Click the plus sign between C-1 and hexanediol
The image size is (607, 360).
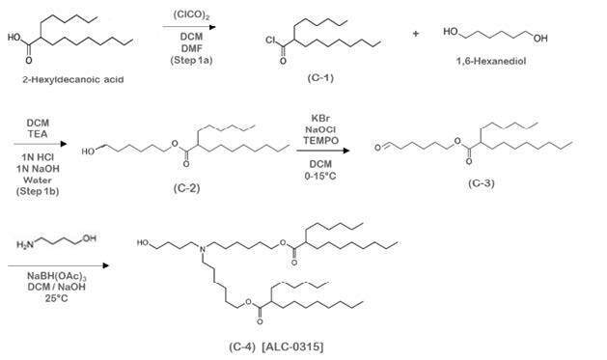tap(417, 33)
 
